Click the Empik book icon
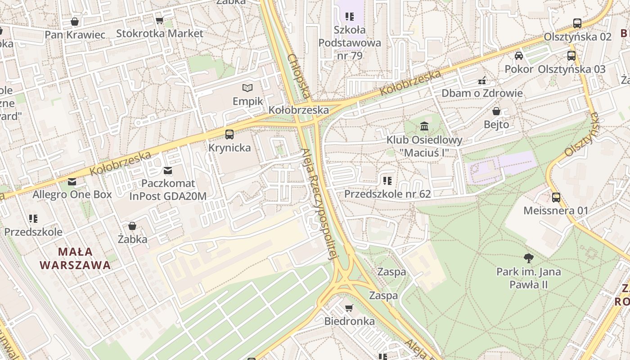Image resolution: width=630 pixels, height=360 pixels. [x=247, y=88]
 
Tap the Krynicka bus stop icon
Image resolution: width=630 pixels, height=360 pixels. [x=229, y=134]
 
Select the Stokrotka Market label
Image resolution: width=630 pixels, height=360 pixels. [x=160, y=33]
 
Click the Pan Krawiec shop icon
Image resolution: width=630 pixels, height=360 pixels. [x=75, y=22]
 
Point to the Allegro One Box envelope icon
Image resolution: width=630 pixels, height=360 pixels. [x=72, y=182]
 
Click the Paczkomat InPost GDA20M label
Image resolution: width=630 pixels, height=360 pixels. [x=168, y=189]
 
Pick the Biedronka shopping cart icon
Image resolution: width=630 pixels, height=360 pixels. [x=349, y=308]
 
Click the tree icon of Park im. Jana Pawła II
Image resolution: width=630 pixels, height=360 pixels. [x=529, y=258]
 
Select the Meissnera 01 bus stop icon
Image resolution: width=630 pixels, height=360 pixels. [x=556, y=197]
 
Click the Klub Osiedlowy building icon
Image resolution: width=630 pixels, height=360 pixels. [x=424, y=126]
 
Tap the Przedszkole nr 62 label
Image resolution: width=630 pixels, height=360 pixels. [x=387, y=194]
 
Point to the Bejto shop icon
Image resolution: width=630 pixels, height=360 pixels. [x=496, y=111]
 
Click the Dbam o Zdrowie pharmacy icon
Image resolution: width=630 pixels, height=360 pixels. [x=482, y=81]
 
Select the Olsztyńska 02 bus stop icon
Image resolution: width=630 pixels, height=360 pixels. [x=577, y=23]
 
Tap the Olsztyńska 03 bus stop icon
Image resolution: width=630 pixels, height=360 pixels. [x=571, y=56]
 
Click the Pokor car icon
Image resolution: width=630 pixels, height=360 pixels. [x=519, y=56]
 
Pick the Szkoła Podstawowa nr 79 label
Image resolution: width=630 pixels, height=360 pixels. [x=350, y=43]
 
